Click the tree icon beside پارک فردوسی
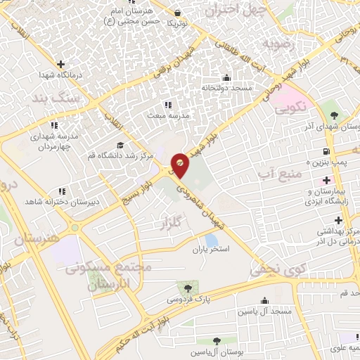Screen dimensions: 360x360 (x=187, y=288)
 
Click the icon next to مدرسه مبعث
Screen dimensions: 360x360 (x=167, y=105)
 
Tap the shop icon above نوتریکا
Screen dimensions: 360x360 (x=177, y=12)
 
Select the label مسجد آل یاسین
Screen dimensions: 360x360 (x=264, y=311)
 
